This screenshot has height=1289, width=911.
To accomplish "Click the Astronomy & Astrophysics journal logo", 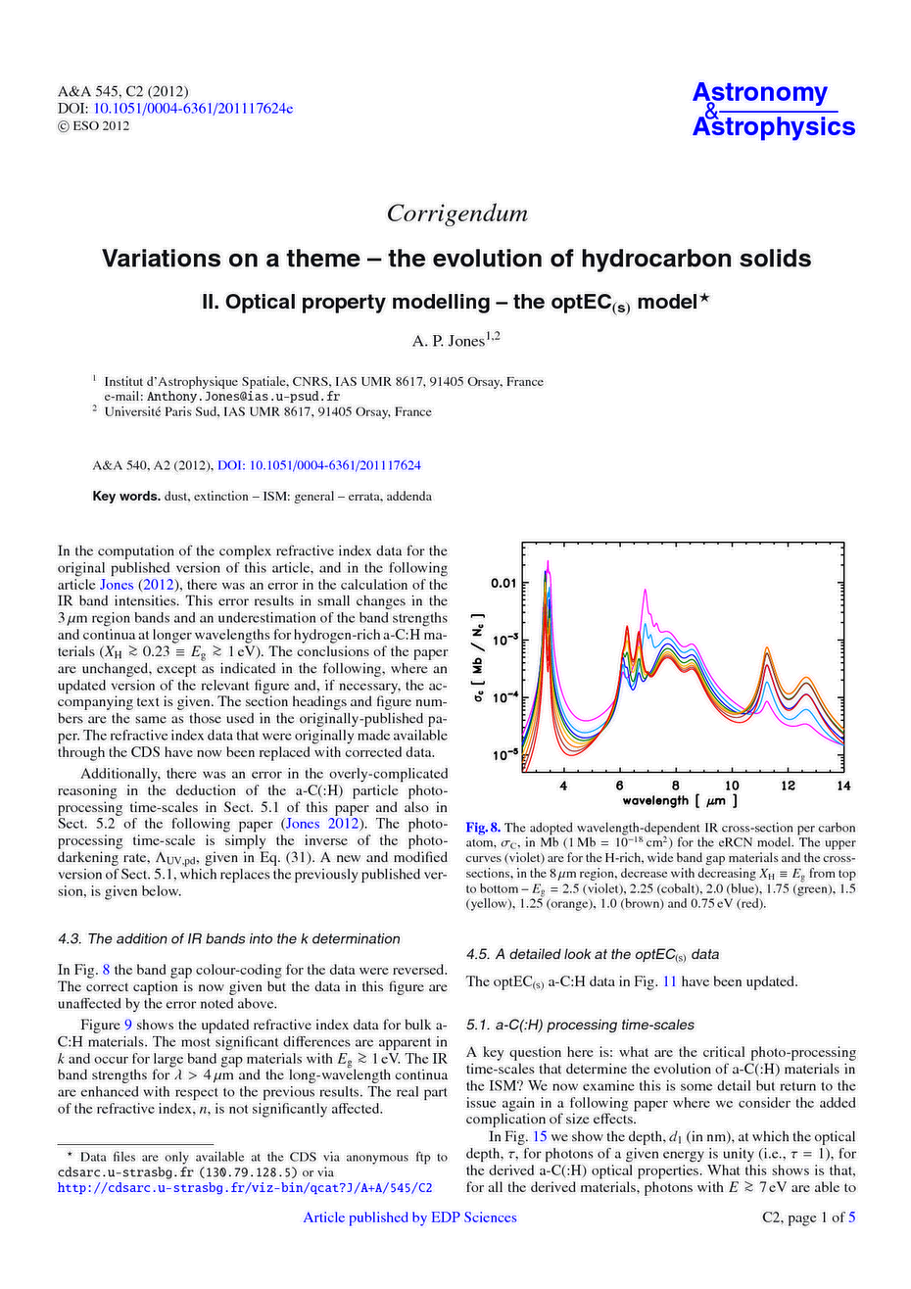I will (x=773, y=110).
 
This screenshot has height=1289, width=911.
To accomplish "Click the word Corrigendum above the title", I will (x=456, y=214).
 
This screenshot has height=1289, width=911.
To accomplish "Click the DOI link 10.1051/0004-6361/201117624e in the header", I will (x=193, y=108).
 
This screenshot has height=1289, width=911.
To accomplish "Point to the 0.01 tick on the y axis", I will (x=502, y=584).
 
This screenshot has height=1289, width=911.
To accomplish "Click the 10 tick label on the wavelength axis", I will (x=732, y=787).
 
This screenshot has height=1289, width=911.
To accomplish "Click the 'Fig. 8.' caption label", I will (x=483, y=828).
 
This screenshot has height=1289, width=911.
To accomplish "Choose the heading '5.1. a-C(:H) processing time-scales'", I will (x=580, y=1025).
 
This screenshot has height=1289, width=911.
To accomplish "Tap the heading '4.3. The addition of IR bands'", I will (x=229, y=938).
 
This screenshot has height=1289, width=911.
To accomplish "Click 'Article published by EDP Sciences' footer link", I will (x=409, y=1217).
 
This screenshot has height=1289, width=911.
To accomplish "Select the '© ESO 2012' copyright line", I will (x=93, y=125).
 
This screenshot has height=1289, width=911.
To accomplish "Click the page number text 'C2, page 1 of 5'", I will (x=808, y=1217).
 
